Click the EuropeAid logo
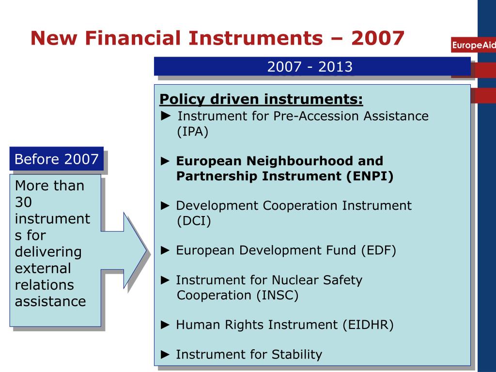[474, 46]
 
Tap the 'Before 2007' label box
[56, 159]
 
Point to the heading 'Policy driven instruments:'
[261, 99]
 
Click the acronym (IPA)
[192, 132]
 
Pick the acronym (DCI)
[194, 221]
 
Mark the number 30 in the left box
[23, 202]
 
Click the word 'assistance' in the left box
[50, 301]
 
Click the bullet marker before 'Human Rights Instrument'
[166, 325]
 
